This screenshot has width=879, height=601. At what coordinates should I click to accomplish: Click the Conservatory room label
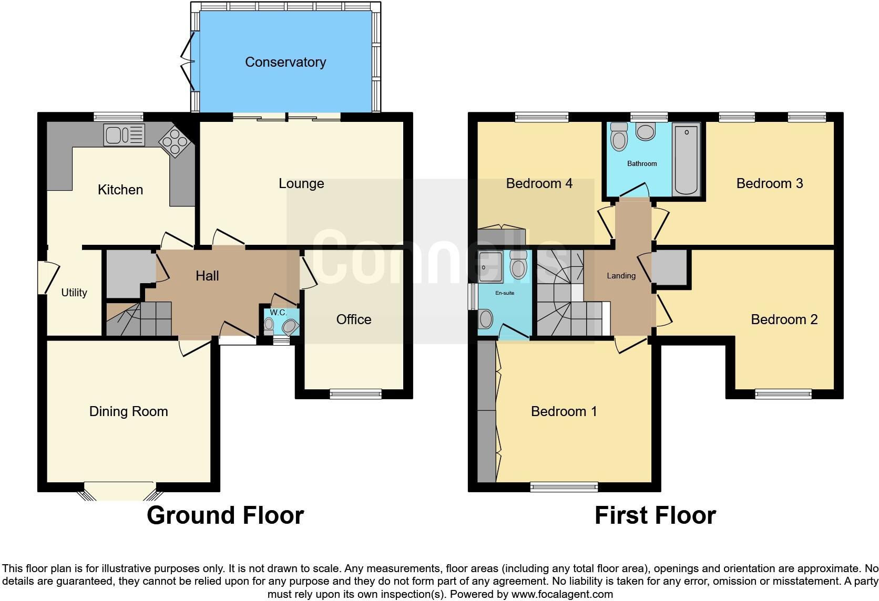(x=285, y=63)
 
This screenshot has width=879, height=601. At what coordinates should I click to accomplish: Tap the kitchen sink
(x=124, y=135)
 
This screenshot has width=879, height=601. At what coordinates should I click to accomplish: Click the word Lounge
(x=301, y=184)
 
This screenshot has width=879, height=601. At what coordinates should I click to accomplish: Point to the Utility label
(x=74, y=293)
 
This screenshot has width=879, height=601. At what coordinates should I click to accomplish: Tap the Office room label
(x=354, y=319)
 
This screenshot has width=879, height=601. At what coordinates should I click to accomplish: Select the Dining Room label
(x=129, y=411)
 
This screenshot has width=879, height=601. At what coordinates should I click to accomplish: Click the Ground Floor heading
(x=225, y=515)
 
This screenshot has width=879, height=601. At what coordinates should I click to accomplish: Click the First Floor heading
(x=655, y=515)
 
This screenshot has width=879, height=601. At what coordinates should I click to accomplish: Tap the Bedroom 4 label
(x=539, y=184)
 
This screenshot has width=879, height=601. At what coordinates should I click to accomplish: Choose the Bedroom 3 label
(x=770, y=184)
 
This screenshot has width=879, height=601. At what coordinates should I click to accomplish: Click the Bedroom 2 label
(x=784, y=319)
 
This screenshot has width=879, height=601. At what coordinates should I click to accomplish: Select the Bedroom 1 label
(x=564, y=411)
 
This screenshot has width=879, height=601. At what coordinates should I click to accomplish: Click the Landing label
(x=621, y=276)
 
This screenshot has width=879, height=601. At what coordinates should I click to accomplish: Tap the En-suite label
(x=505, y=293)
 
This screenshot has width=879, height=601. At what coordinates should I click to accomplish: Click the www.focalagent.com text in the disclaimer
(x=562, y=595)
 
